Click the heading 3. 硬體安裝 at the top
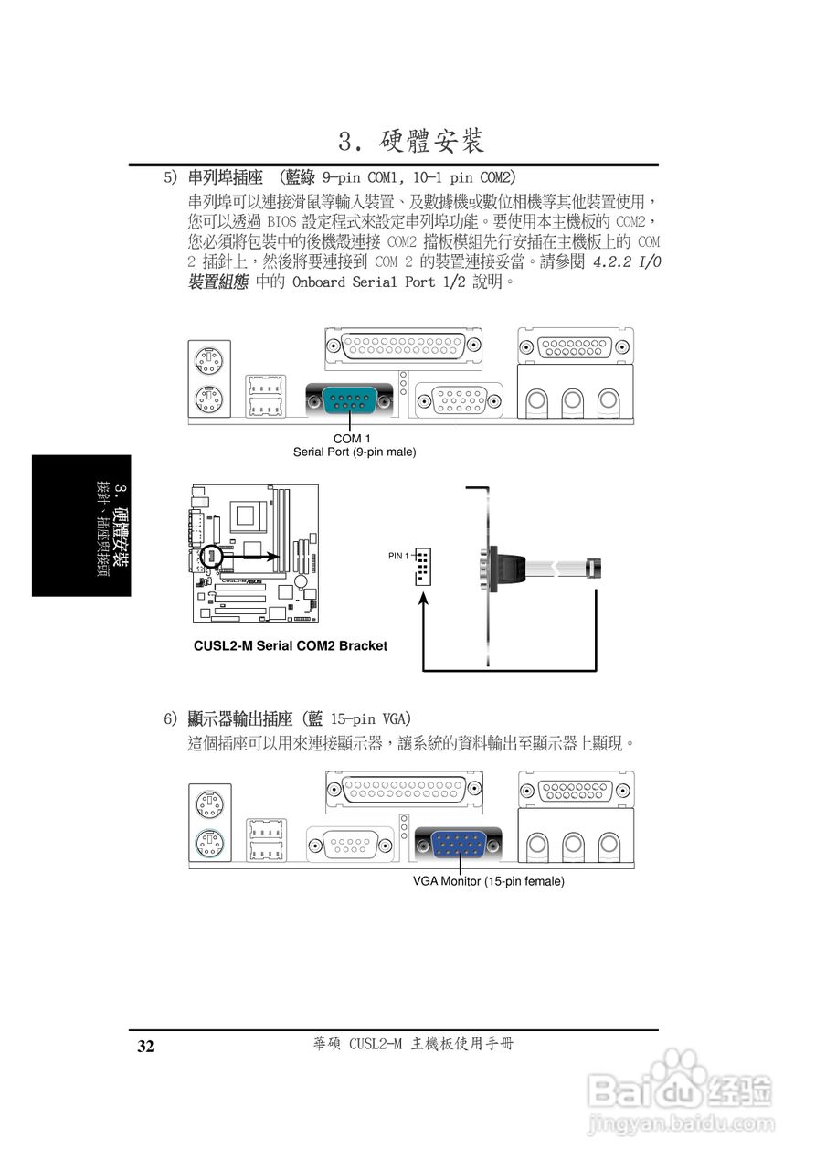click(410, 142)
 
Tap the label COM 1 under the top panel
click(352, 439)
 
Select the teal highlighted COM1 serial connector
click(351, 399)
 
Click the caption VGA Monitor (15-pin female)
click(488, 881)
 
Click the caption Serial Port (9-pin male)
click(354, 452)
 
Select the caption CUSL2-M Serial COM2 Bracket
click(291, 645)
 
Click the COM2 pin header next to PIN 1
click(422, 567)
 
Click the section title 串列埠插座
click(225, 175)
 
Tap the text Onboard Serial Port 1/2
click(379, 282)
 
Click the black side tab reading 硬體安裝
click(81, 526)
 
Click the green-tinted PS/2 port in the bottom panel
click(210, 842)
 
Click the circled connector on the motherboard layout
click(211, 555)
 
